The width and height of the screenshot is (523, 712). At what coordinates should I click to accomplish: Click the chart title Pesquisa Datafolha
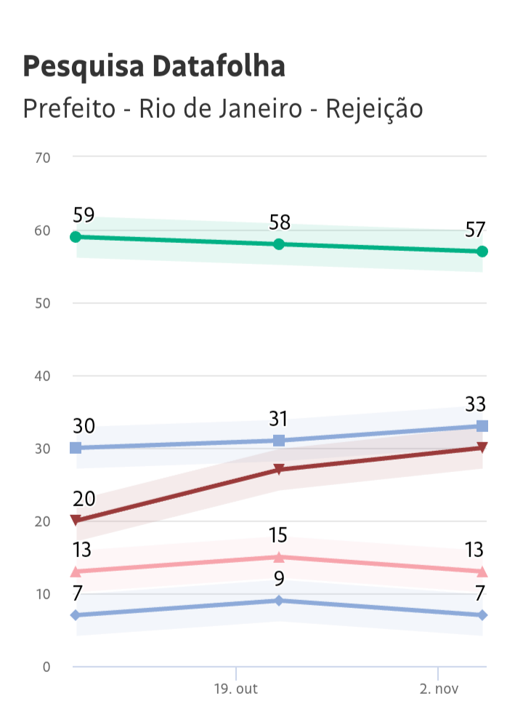click(154, 66)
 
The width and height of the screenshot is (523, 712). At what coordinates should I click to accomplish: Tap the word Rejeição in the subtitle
click(374, 109)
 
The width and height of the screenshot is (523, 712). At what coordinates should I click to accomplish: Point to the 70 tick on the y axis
click(42, 157)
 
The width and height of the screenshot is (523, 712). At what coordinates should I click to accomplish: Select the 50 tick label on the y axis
click(42, 303)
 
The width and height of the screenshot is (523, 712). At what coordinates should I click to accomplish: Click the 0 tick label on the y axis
click(46, 666)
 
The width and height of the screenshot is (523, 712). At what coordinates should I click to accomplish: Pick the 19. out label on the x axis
click(236, 688)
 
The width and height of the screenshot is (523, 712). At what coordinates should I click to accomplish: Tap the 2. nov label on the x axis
click(437, 688)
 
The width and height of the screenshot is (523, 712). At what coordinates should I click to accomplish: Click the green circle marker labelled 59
click(76, 237)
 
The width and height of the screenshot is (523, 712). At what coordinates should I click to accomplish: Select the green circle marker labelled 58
click(278, 244)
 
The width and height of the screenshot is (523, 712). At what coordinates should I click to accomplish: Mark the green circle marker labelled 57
click(482, 252)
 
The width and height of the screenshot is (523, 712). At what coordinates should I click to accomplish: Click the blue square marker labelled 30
click(76, 448)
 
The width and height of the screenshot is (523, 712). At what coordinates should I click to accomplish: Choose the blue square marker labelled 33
click(482, 426)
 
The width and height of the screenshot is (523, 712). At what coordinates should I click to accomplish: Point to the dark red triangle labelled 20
click(76, 520)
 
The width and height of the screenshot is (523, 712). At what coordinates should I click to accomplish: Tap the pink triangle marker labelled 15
click(278, 557)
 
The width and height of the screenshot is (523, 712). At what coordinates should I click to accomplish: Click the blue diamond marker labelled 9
click(278, 601)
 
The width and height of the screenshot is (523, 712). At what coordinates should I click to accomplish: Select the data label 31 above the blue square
click(278, 420)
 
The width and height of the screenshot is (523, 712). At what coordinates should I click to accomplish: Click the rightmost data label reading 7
click(479, 593)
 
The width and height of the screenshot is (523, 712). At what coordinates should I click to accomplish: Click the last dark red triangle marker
click(482, 447)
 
